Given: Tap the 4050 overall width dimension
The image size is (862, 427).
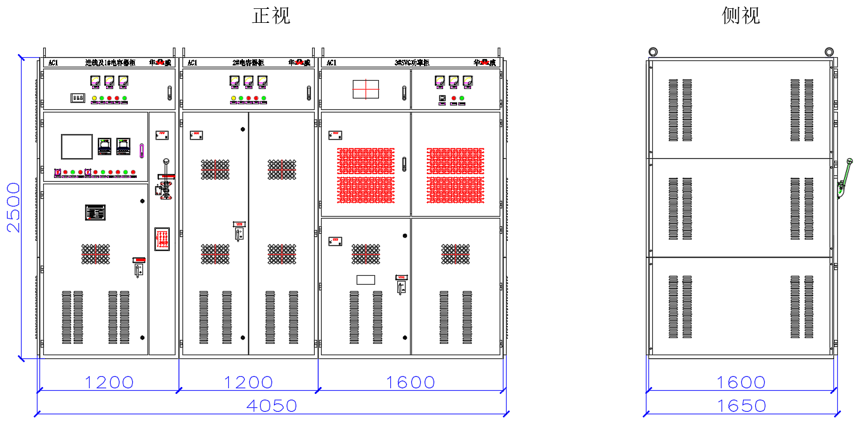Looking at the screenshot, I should coord(271,405).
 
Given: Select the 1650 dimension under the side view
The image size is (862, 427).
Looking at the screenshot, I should coord(741,405).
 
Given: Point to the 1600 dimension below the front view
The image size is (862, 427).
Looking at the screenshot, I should coord(411,383).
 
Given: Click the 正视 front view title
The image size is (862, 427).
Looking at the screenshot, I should coord(271,15).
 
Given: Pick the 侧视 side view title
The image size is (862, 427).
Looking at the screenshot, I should coord(741,15).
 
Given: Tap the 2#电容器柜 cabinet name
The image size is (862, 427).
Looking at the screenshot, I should coord(249,63).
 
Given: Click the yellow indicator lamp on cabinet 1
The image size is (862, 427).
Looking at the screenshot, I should coord(95,98).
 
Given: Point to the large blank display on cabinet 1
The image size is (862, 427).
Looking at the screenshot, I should coord(77,146).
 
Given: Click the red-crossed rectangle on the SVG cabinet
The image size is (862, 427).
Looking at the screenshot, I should coord(366,89).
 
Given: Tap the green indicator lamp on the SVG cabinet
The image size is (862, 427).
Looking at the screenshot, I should coord(462,98).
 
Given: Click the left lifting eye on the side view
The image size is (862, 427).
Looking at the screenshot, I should coord(652,51).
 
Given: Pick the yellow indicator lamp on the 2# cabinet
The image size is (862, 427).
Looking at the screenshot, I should coord(234,98).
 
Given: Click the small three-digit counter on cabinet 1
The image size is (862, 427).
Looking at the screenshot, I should coord(78,98).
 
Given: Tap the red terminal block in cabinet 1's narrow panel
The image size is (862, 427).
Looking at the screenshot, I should coord(162,239).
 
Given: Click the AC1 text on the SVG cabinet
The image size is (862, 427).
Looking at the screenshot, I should coord(331,63).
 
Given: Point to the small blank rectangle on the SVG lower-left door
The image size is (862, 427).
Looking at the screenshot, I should coord(366,280).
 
